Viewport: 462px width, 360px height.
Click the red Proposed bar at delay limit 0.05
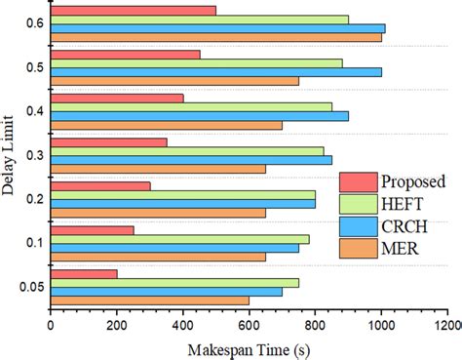click(83, 274)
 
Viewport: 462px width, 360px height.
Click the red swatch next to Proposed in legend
click(357, 181)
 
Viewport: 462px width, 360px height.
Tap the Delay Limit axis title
click(9, 156)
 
